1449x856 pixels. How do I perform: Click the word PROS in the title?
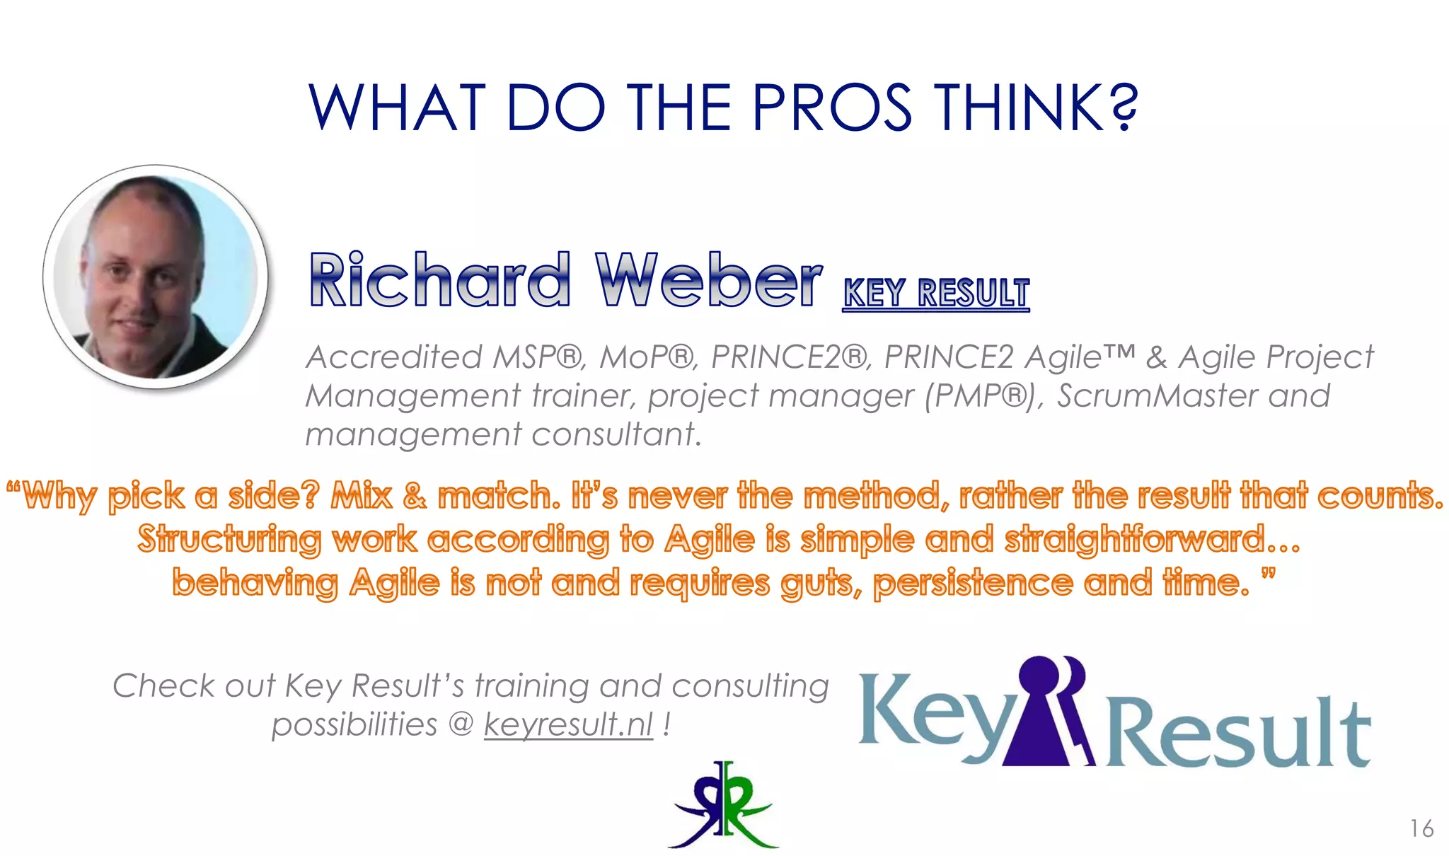[x=831, y=108]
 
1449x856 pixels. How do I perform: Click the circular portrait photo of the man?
[x=156, y=277]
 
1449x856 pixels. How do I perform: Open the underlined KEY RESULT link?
[x=936, y=293]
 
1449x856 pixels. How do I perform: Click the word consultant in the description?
[x=616, y=434]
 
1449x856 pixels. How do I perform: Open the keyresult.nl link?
[x=568, y=724]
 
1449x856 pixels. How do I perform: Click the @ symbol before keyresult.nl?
[x=461, y=724]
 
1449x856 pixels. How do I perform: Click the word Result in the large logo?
[x=1238, y=732]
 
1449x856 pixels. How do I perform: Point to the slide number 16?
[x=1421, y=828]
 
